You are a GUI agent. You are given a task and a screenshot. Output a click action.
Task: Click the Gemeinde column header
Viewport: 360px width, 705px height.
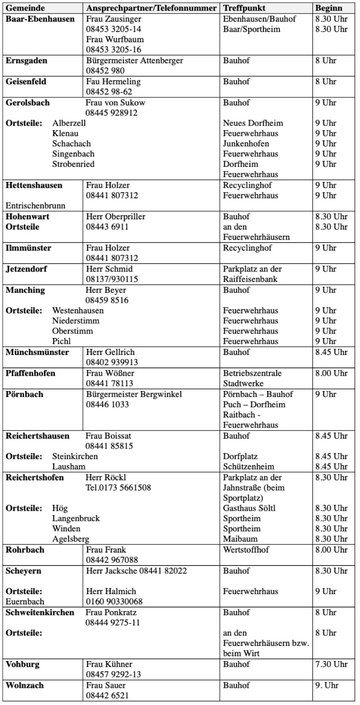click(25, 8)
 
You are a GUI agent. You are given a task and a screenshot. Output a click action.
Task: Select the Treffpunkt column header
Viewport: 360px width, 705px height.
click(244, 8)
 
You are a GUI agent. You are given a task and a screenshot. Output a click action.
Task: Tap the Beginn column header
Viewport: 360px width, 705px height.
click(329, 8)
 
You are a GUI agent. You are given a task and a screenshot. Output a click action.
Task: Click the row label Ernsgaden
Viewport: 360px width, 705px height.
click(26, 61)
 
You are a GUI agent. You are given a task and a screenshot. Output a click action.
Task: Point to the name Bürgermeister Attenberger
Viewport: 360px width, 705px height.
click(134, 61)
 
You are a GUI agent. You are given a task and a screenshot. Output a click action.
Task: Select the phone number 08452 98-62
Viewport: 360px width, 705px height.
click(109, 92)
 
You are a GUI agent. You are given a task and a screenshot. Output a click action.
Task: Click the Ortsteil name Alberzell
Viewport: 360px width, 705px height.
click(69, 123)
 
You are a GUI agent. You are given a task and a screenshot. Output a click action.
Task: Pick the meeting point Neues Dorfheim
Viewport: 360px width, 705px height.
click(253, 123)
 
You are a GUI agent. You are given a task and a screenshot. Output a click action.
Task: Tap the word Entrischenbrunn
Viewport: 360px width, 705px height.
click(36, 206)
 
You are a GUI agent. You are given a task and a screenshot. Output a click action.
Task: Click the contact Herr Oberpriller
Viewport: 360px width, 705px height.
click(116, 217)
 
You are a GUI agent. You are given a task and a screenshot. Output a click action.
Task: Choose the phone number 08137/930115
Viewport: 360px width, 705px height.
click(112, 279)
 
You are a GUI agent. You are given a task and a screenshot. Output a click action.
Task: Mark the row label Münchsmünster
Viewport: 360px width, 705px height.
click(37, 352)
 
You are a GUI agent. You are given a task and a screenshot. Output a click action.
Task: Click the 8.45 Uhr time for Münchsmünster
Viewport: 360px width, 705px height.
click(331, 352)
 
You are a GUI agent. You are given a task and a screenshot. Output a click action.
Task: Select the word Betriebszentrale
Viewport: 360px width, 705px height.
click(252, 373)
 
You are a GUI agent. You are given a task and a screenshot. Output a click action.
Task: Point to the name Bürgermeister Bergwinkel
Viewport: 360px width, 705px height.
click(134, 394)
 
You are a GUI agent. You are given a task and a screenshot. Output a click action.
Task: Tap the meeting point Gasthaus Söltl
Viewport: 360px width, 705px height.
click(249, 508)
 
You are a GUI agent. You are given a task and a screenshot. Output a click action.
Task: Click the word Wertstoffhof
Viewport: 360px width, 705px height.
click(246, 550)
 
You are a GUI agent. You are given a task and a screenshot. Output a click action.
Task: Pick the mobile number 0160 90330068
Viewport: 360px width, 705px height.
click(114, 602)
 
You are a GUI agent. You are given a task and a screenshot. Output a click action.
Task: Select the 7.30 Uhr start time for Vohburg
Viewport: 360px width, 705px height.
click(331, 665)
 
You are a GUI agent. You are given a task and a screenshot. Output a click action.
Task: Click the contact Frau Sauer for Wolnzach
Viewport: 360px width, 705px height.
click(106, 686)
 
